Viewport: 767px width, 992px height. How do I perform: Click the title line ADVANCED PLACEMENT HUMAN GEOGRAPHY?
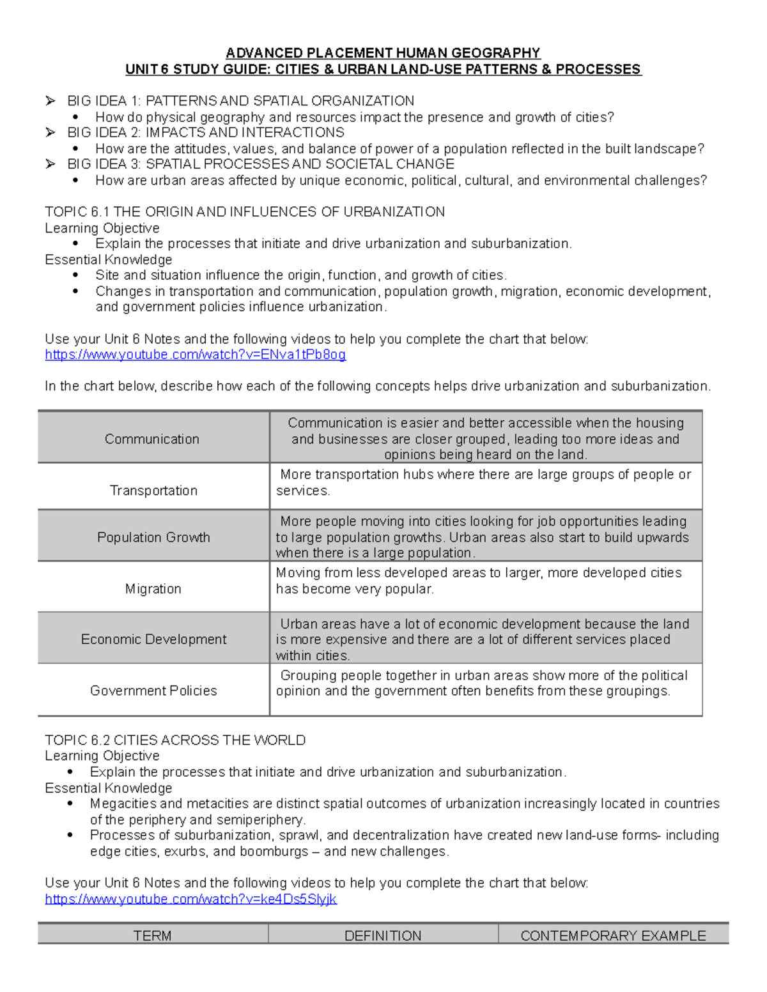383,53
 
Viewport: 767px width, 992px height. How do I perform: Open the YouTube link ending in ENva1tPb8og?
195,355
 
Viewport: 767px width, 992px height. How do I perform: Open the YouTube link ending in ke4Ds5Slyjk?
190,899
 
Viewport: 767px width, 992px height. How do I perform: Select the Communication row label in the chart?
152,439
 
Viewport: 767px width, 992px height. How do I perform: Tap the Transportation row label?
153,491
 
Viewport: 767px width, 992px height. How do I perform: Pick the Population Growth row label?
153,537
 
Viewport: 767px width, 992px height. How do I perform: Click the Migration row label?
153,589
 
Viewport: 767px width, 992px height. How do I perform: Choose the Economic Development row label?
153,639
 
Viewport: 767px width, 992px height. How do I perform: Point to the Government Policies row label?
153,691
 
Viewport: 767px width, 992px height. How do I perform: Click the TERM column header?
152,936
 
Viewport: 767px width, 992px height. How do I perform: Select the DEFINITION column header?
383,936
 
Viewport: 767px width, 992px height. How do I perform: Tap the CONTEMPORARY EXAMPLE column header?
613,936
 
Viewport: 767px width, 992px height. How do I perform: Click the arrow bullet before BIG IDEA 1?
50,101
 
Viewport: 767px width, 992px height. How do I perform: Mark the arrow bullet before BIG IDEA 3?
50,164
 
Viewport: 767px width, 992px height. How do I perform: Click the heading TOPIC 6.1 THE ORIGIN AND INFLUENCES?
245,212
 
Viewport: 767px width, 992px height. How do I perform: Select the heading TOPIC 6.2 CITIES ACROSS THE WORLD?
175,740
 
